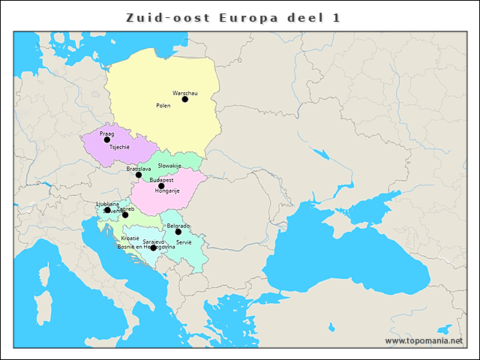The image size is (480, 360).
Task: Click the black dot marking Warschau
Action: click(185, 99)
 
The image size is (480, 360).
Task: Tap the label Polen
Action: click(163, 106)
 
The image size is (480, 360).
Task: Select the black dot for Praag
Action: click(106, 139)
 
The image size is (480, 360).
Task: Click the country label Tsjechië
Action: click(119, 147)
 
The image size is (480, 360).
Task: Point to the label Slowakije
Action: click(170, 166)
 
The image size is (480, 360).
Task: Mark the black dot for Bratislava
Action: click(138, 175)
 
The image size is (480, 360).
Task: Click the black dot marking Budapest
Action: click(161, 186)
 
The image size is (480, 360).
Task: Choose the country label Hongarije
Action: click(167, 191)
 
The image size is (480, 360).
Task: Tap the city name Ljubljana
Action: click(107, 204)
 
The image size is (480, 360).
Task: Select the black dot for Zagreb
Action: click(125, 215)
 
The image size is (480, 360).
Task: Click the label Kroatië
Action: click(130, 238)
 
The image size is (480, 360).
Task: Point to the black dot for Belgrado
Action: click(178, 232)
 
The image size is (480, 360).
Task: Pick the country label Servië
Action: click(184, 242)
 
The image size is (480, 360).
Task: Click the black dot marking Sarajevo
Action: click(153, 247)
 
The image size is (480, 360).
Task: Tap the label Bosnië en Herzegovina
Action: click(146, 247)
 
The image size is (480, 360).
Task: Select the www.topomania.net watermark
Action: click(424, 340)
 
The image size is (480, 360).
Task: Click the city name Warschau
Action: click(185, 93)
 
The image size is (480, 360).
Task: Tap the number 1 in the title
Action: click(336, 16)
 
